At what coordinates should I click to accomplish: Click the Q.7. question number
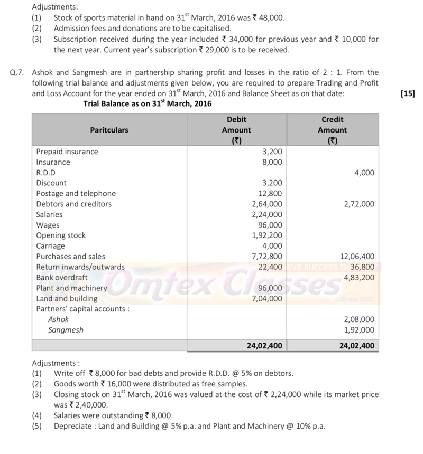coord(17,72)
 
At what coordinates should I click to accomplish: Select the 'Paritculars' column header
coord(109,130)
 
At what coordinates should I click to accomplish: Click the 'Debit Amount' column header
coord(236,130)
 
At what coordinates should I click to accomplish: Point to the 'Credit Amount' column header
coord(332,130)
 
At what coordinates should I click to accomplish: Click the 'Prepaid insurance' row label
coord(67,152)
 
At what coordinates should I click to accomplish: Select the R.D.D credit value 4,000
coord(364,173)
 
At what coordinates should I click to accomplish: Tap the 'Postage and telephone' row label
coord(76,193)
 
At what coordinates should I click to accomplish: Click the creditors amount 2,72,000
coord(358,204)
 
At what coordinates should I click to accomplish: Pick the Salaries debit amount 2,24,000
coord(266,214)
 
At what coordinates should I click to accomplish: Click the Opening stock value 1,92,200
coord(266,235)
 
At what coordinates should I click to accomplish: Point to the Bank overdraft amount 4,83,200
coord(358,277)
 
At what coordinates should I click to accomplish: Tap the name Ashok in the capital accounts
coord(58,319)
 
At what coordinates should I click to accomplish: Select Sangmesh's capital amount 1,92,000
coord(358,330)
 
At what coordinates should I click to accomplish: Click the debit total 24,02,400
coord(265,346)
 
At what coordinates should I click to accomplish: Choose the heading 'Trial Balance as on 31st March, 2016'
coord(148,104)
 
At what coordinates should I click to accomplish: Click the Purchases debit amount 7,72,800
coord(266,256)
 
